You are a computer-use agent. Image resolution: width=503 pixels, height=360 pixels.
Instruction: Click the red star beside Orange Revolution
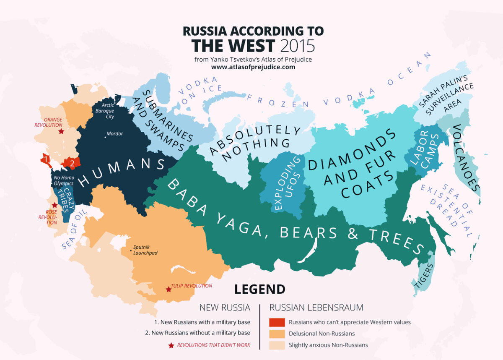tap(61, 131)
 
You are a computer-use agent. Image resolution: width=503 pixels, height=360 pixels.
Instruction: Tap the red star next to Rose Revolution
tap(54, 205)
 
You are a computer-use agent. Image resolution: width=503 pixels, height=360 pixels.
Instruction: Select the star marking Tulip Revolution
tap(169, 290)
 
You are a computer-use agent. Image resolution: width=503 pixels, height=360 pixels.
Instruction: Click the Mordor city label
tap(114, 134)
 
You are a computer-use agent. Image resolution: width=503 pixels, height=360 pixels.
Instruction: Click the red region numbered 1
tap(45, 159)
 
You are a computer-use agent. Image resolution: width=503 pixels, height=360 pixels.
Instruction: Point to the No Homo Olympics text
tap(63, 180)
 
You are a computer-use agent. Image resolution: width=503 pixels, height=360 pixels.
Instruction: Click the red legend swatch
tap(276, 322)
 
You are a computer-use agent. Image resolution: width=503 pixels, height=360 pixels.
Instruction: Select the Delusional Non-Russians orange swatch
tap(276, 334)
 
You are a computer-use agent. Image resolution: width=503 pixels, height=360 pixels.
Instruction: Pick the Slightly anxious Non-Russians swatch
tap(276, 345)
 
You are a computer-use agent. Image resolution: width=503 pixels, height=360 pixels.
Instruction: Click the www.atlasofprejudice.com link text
tap(253, 67)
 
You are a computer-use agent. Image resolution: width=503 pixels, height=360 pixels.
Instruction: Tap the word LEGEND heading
tap(259, 289)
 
